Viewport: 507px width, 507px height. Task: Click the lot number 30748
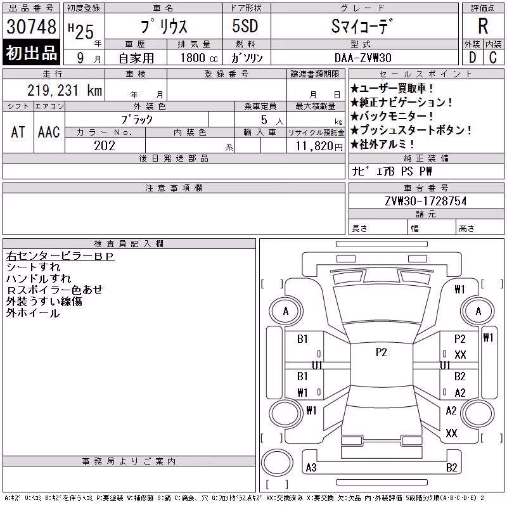click(31, 26)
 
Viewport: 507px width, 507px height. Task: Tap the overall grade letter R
click(483, 26)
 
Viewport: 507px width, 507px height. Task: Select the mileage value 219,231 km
click(65, 90)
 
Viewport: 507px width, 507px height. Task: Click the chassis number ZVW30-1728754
click(426, 201)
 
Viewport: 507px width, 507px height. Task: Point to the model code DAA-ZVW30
click(363, 58)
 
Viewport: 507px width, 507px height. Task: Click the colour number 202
click(105, 146)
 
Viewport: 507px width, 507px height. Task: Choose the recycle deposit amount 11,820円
click(319, 146)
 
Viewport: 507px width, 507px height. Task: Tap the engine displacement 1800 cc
click(199, 58)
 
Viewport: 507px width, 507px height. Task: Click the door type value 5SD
click(245, 26)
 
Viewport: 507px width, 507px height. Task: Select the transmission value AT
click(18, 132)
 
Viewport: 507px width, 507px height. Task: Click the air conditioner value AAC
click(49, 132)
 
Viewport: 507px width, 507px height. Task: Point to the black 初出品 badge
click(31, 52)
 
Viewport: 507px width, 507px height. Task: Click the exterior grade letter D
click(472, 58)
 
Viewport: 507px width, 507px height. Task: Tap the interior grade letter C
click(493, 58)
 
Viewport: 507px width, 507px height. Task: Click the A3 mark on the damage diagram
click(311, 467)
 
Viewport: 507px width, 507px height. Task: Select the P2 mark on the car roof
click(382, 352)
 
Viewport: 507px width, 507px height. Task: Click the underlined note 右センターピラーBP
click(60, 256)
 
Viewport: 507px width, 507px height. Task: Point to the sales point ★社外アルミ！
click(382, 144)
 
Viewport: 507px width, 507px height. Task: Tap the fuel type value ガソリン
click(247, 58)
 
